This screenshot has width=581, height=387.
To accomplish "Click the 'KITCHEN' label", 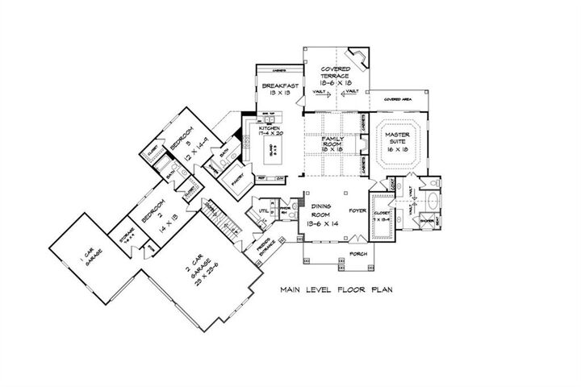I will click(x=269, y=128).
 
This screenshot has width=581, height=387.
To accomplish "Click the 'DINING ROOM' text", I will click(x=326, y=211).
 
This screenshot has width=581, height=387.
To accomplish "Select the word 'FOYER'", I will click(x=357, y=211).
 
